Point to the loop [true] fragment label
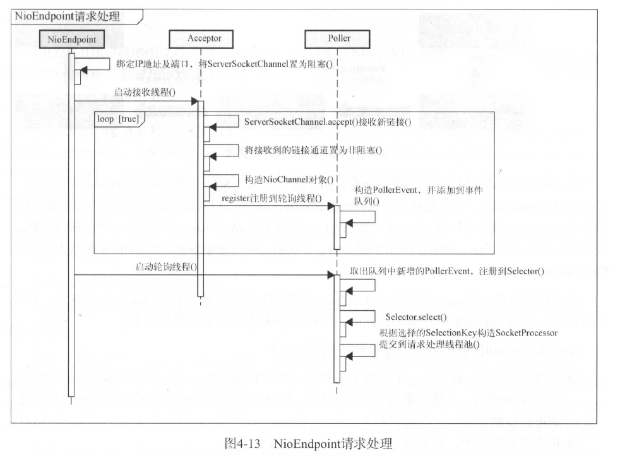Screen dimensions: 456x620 118,118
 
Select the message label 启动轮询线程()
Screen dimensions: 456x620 166,266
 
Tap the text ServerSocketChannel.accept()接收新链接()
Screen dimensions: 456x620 327,122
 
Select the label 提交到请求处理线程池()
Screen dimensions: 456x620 428,345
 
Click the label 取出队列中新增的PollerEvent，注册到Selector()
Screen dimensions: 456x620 446,271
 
